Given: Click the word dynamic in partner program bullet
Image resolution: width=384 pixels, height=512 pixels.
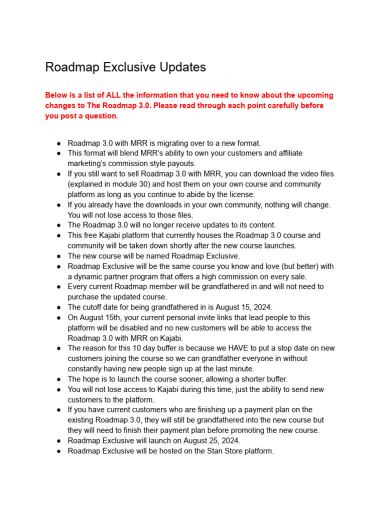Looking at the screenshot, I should (88, 276).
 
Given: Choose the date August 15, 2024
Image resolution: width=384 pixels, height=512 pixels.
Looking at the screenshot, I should (237, 307).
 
